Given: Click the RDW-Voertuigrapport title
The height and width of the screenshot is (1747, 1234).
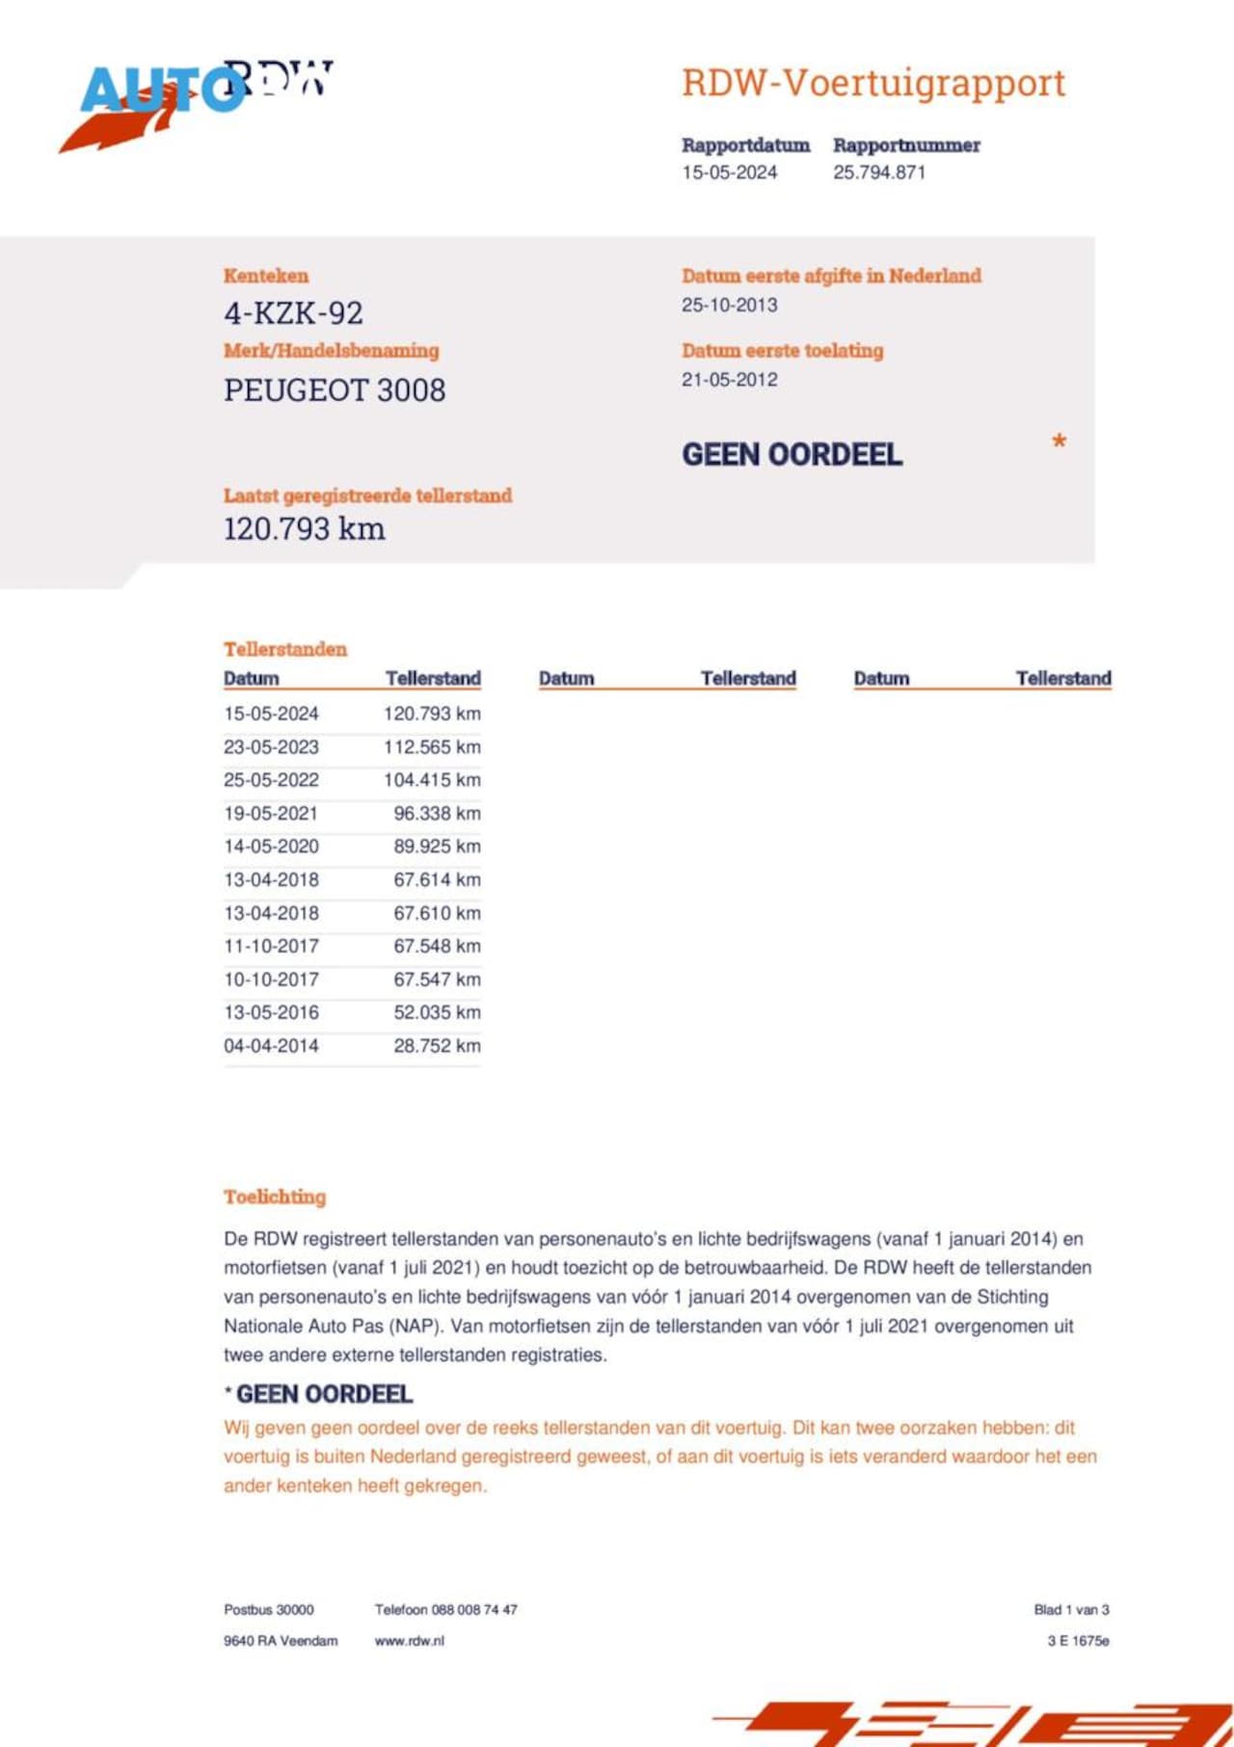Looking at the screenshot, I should click(x=873, y=84).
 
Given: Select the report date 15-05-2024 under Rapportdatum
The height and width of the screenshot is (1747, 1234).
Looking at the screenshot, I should click(x=729, y=173).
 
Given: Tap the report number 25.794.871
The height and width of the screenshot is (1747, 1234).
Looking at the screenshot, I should click(x=879, y=173).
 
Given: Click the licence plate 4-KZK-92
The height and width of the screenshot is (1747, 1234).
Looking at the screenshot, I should click(x=293, y=313).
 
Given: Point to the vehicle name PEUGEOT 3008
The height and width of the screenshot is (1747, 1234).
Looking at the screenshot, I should click(x=335, y=390).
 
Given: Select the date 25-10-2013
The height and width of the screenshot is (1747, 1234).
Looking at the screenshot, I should click(x=729, y=305).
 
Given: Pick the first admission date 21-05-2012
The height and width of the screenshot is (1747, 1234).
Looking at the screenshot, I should click(x=729, y=380).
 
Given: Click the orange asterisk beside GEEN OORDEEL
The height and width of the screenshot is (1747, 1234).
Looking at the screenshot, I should click(x=1059, y=443).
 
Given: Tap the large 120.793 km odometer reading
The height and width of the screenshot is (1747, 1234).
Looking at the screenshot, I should click(x=304, y=529).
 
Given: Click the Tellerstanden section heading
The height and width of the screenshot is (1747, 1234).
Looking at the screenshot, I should click(x=285, y=649).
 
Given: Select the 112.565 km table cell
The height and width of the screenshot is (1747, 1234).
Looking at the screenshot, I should click(x=432, y=747).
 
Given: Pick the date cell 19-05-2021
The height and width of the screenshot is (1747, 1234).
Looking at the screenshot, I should click(x=271, y=814).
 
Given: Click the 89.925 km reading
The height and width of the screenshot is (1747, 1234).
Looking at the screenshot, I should click(x=437, y=847).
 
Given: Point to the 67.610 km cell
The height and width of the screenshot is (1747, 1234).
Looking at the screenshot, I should click(x=437, y=913).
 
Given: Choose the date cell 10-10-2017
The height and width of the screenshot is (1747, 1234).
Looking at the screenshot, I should click(x=271, y=980).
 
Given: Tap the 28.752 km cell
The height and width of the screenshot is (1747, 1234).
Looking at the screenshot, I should click(x=437, y=1046).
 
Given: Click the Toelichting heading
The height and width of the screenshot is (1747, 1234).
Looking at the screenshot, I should click(x=275, y=1197).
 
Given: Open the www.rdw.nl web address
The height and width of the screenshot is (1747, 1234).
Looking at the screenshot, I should click(x=410, y=1641).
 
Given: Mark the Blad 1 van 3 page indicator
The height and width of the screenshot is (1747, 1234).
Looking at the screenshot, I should click(x=1071, y=1610).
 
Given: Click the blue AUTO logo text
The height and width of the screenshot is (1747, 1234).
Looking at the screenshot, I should click(x=159, y=91).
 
